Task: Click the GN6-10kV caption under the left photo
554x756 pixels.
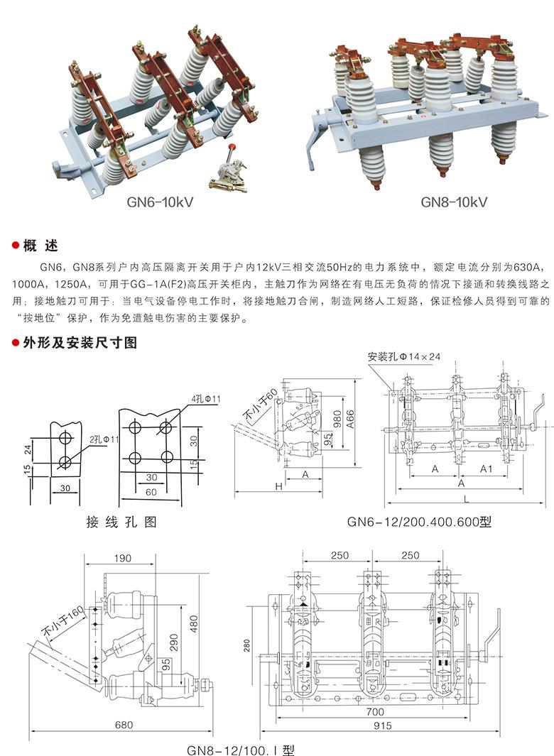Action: (160, 202)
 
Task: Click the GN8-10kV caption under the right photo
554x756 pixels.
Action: (454, 202)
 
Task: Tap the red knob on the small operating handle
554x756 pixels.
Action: (232, 146)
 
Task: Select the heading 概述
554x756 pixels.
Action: (40, 246)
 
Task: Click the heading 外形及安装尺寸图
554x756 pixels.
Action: (80, 342)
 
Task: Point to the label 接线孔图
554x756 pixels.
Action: (121, 522)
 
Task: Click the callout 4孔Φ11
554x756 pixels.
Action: (206, 399)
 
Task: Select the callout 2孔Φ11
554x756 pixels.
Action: (104, 439)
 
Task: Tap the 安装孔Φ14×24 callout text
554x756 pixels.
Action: (404, 356)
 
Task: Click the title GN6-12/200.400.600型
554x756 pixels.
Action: (419, 522)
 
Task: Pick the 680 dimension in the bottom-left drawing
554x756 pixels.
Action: (124, 725)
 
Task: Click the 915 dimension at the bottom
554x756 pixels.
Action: (383, 725)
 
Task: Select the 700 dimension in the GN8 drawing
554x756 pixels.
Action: (375, 712)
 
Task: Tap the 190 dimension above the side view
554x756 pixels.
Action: (123, 558)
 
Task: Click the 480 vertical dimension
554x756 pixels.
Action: (193, 625)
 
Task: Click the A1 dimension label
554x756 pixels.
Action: (486, 469)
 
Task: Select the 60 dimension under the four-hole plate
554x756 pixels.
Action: (151, 492)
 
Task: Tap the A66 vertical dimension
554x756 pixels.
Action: (350, 420)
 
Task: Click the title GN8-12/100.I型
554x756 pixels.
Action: (240, 750)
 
